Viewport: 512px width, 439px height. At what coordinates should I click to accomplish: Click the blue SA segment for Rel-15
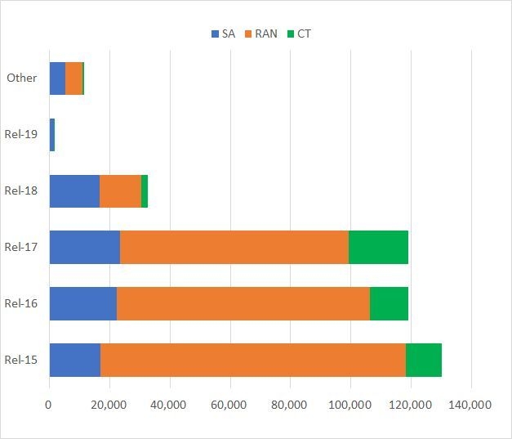74,360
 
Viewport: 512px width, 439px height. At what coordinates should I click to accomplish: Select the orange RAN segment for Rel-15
253,360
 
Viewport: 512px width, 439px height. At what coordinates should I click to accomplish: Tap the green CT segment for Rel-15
424,360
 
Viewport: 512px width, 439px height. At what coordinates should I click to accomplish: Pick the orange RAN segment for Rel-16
243,303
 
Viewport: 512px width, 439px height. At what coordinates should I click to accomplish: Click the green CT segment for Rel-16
389,303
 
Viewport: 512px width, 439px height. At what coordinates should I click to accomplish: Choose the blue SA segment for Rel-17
84,247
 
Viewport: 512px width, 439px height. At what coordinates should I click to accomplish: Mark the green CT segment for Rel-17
378,247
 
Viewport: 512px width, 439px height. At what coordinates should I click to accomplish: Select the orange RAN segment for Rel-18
120,190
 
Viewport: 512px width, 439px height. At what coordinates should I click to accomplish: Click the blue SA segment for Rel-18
74,190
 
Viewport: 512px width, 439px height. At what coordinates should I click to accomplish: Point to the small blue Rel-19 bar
52,134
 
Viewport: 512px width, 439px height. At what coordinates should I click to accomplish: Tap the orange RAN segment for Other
73,78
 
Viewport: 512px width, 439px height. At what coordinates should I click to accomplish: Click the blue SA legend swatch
216,34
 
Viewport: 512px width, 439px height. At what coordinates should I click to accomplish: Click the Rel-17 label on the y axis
19,247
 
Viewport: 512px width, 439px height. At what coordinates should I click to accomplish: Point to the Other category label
21,78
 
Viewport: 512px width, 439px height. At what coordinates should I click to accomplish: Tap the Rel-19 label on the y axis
19,134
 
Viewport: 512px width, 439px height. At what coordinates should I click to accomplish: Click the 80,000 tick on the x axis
290,405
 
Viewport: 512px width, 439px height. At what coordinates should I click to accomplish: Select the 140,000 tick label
470,405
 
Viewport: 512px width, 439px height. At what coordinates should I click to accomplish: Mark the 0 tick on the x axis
49,405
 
